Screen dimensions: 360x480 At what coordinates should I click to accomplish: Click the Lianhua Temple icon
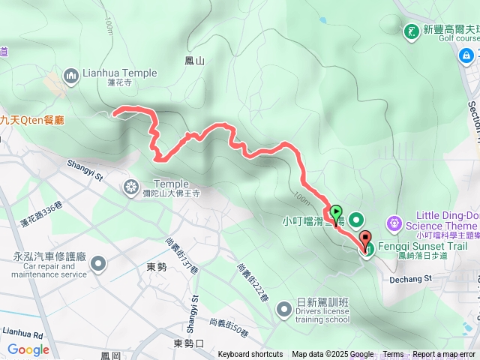(x=71, y=74)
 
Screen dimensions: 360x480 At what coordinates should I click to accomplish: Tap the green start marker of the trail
(x=335, y=213)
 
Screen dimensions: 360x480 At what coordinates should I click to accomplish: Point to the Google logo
(x=28, y=349)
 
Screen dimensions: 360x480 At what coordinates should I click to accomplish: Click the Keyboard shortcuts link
(x=250, y=355)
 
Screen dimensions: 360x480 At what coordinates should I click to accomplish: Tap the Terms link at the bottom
(x=393, y=355)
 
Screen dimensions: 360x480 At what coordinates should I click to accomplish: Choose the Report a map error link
(x=444, y=355)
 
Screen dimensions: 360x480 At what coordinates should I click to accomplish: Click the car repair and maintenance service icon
(x=98, y=262)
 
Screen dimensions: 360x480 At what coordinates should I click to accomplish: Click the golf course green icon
(x=412, y=31)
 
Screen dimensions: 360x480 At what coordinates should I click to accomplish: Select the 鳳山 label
(x=193, y=60)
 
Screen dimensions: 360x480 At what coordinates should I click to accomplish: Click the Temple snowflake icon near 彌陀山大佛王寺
(x=132, y=186)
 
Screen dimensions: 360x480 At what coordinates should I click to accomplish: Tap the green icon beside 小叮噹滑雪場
(x=356, y=220)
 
